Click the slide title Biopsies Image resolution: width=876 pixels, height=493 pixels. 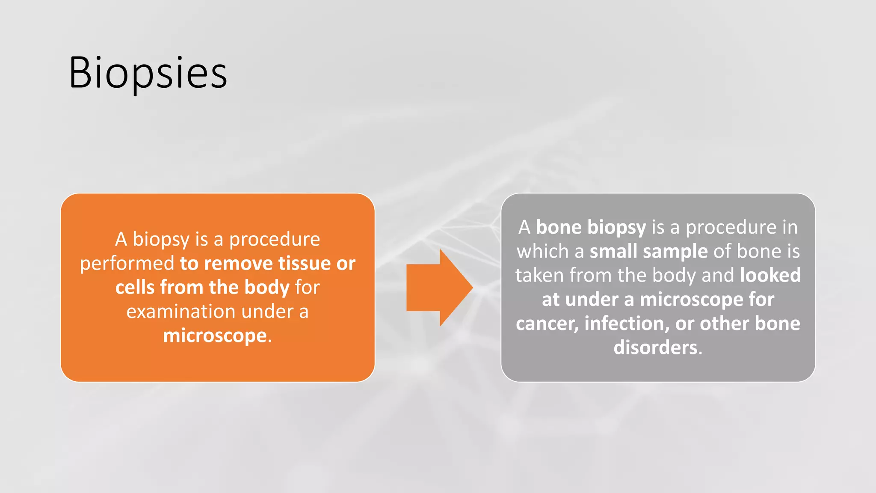[148, 73]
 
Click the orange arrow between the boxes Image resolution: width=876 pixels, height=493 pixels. [438, 288]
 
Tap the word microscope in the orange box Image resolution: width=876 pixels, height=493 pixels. [215, 336]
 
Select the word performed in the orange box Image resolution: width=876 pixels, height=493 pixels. [127, 264]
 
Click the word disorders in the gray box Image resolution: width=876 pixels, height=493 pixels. [655, 347]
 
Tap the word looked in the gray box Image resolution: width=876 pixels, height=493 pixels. [770, 275]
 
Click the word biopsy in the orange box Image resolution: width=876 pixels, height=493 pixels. [161, 240]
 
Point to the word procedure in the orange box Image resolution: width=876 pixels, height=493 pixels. [274, 240]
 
